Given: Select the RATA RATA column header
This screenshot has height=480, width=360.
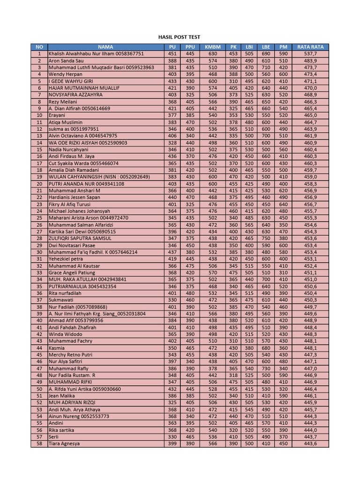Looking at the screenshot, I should (x=310, y=47).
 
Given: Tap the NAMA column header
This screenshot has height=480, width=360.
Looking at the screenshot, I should (x=105, y=47).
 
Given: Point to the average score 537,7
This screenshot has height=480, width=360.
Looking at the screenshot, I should (x=310, y=54).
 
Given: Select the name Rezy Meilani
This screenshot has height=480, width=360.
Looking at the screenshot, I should (x=63, y=102).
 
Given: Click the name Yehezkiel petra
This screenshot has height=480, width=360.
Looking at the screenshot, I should (x=66, y=259).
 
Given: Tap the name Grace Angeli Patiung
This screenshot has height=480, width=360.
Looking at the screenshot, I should (x=72, y=272).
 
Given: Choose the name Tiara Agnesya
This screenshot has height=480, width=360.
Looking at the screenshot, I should (x=64, y=443).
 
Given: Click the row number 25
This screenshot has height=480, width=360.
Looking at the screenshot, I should (x=39, y=218).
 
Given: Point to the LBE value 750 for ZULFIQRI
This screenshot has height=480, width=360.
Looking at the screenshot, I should (x=266, y=239).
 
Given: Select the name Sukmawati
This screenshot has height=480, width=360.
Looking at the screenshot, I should (x=62, y=300).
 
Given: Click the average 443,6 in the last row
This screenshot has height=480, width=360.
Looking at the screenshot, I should (x=310, y=443).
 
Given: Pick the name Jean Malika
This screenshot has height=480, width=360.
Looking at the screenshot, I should (x=62, y=396).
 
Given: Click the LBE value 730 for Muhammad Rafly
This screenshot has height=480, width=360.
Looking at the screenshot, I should (x=266, y=368).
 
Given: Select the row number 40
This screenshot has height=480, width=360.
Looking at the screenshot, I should (x=39, y=321).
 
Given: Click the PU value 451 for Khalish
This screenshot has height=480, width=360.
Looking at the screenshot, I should (x=172, y=54).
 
